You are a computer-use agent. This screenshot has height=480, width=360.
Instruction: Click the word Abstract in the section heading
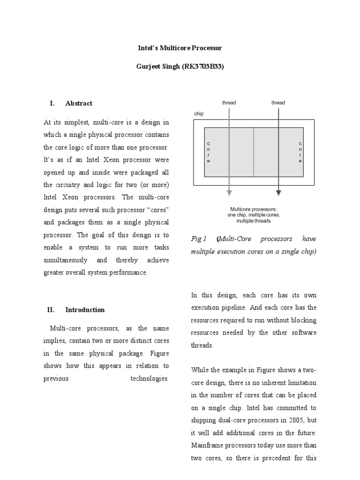click(x=79, y=103)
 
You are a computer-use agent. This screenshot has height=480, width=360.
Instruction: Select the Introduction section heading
click(x=85, y=310)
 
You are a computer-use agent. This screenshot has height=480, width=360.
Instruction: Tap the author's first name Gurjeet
click(x=150, y=67)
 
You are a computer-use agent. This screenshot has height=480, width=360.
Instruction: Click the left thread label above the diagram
click(x=229, y=103)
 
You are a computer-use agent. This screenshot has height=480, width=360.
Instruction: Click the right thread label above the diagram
click(x=278, y=103)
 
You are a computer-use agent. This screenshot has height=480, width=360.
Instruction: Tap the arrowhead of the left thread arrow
click(x=229, y=192)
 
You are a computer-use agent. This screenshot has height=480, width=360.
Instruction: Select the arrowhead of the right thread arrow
click(x=278, y=192)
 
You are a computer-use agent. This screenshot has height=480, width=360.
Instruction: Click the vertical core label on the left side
click(x=209, y=152)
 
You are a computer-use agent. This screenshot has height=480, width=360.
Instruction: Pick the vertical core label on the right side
click(x=300, y=152)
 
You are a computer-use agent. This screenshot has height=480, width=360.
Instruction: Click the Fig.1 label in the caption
click(x=199, y=239)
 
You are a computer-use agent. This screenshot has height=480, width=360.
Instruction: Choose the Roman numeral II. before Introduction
click(x=51, y=310)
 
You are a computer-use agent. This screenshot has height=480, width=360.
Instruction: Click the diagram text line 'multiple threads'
click(x=254, y=220)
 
